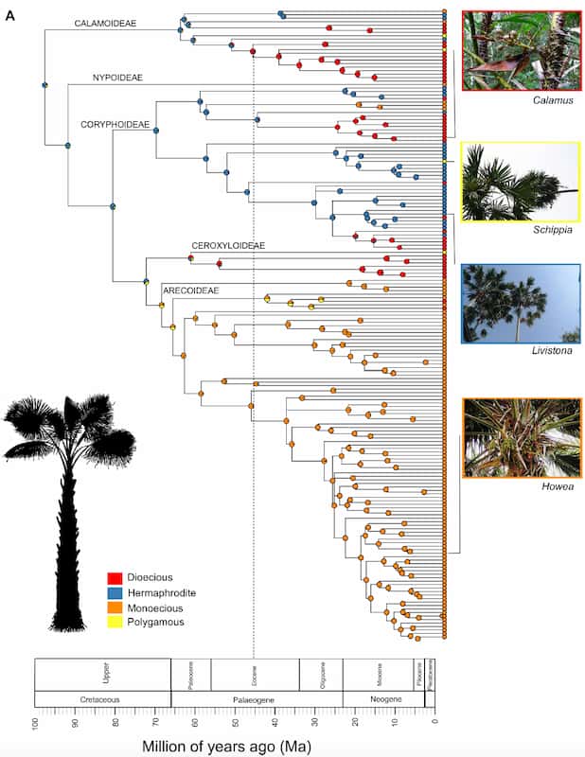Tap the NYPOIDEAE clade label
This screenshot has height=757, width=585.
point(117,78)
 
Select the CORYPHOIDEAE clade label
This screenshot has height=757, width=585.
point(115,123)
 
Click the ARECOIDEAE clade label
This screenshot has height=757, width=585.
point(193,290)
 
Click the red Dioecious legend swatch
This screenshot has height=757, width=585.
point(114,577)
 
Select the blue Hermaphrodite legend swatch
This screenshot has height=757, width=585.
point(114,592)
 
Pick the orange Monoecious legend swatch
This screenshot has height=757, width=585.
point(114,607)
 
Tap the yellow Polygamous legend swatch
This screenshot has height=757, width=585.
point(114,623)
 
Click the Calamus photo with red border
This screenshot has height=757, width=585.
point(521,50)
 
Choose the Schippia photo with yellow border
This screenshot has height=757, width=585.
point(521,182)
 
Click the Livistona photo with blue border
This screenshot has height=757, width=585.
point(521,303)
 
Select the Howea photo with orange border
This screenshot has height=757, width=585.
point(522,437)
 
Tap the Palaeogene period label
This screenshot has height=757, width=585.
point(256,700)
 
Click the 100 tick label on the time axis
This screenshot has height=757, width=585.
point(36,724)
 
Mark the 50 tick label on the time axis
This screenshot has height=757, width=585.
point(236,724)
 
